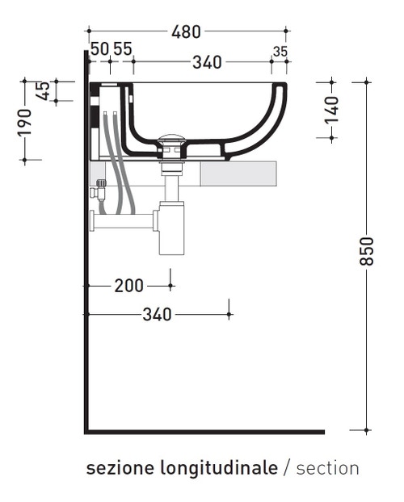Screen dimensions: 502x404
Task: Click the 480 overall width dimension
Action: (x=186, y=32)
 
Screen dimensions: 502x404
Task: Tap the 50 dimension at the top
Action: (x=99, y=49)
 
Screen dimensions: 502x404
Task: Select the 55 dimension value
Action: (x=122, y=49)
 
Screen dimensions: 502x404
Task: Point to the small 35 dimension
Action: (x=280, y=52)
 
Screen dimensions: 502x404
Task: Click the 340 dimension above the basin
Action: (x=207, y=62)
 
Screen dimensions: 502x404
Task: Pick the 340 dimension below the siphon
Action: (x=157, y=314)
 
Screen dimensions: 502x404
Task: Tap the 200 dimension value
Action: (x=128, y=286)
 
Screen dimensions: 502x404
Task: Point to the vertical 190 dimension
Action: (x=25, y=121)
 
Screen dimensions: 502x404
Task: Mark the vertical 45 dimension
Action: (x=44, y=90)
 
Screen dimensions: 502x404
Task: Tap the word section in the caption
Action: (x=327, y=468)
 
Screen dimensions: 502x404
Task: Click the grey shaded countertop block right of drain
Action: (x=238, y=174)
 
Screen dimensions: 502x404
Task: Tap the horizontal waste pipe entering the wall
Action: (x=125, y=218)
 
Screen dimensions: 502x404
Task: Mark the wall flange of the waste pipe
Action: (x=93, y=219)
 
